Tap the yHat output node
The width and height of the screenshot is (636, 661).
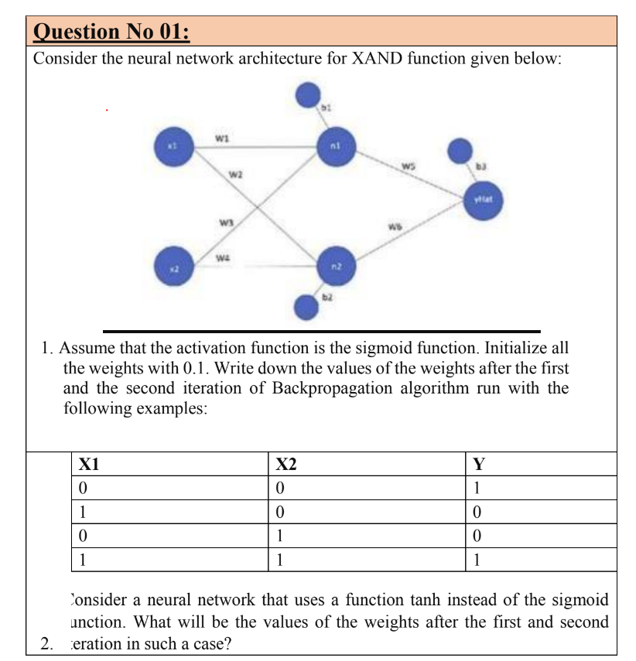[x=485, y=199]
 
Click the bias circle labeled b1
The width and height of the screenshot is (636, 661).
[x=311, y=97]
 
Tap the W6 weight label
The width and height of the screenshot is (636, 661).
[x=395, y=226]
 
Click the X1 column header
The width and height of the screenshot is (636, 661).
[x=90, y=464]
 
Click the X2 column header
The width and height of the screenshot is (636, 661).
[x=286, y=464]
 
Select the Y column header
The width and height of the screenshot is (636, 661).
[x=479, y=464]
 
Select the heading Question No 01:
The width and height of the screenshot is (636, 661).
[x=112, y=32]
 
